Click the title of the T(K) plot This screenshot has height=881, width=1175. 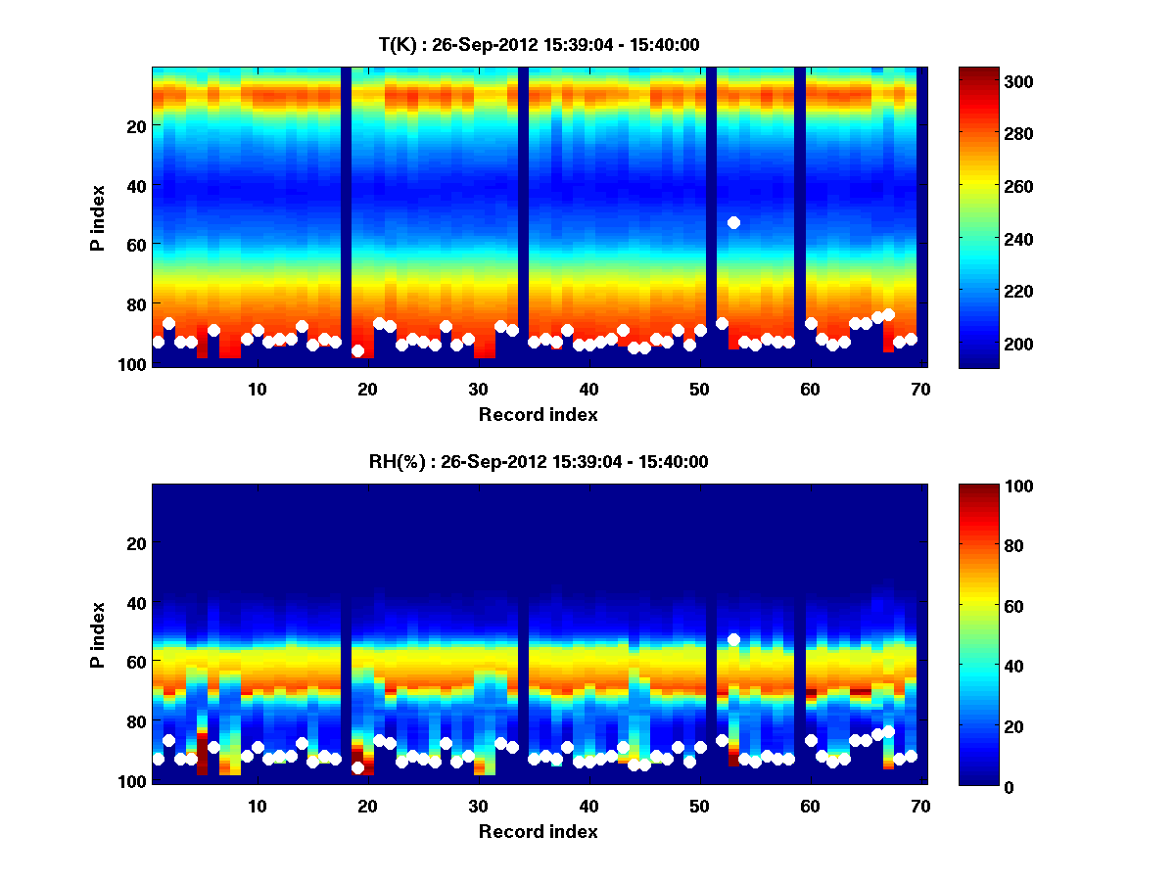coord(539,44)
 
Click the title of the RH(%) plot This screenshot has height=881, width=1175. coord(539,462)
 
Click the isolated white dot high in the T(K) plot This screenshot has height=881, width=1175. coord(733,222)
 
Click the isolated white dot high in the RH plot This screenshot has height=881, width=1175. coord(733,639)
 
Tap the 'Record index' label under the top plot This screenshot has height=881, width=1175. coord(539,414)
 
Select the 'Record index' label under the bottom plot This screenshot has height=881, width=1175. coord(539,831)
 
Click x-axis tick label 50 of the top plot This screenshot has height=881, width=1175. coord(699,389)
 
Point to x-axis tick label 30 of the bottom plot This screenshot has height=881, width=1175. coord(478,806)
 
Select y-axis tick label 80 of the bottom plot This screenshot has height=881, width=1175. coord(136,721)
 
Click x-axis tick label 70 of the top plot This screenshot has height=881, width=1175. coord(920,389)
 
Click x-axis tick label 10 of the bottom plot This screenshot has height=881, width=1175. coord(257,806)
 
